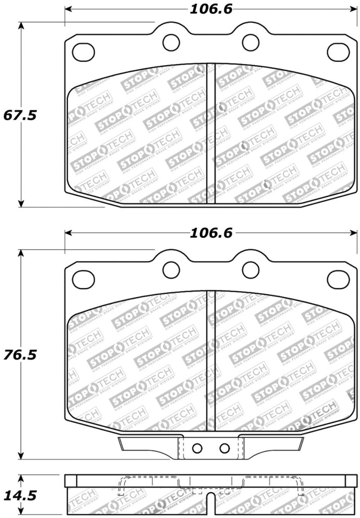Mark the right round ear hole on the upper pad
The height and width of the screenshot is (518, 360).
tap(249, 41)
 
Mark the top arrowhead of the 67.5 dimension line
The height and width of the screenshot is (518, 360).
tap(21, 26)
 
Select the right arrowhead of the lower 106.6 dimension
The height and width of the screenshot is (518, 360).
tap(352, 233)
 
